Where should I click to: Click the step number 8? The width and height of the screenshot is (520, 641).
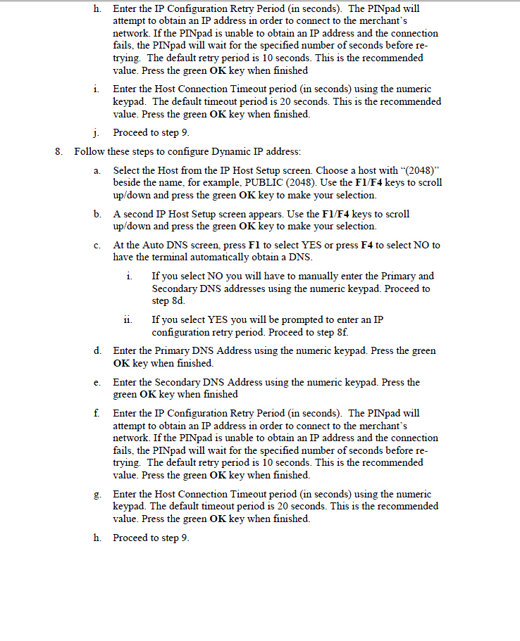[x=58, y=151]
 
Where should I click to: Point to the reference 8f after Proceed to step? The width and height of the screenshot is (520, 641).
[x=341, y=331]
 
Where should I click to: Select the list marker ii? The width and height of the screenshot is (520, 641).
[x=129, y=319]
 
